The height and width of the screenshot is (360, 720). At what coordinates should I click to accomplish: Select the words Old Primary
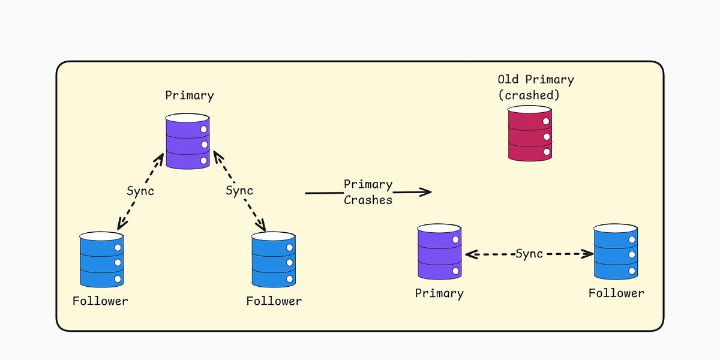[x=536, y=79]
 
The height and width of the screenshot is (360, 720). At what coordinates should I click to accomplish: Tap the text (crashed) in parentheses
[x=529, y=95]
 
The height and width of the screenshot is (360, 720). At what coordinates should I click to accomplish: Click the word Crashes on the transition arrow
[x=368, y=200]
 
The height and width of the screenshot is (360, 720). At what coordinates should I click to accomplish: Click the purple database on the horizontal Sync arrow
[x=439, y=252]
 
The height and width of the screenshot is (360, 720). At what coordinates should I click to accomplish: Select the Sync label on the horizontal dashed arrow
[x=529, y=254]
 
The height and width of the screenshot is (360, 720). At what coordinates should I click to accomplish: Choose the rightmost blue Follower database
[x=616, y=252]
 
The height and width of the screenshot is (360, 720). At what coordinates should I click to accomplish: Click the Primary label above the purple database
[x=190, y=95]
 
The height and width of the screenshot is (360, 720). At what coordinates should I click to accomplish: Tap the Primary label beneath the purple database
[x=439, y=293]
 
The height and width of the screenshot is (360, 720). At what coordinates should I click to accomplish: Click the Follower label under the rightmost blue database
[x=616, y=293]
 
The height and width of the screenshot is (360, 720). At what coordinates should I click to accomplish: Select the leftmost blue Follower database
[x=101, y=259]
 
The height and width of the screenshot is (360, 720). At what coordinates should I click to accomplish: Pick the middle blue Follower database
[x=274, y=259]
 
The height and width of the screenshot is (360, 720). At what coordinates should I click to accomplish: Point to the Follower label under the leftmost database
[x=100, y=301]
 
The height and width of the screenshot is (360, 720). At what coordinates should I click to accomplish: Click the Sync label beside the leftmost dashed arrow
[x=140, y=191]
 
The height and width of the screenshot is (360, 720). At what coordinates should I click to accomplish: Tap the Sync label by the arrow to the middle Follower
[x=239, y=191]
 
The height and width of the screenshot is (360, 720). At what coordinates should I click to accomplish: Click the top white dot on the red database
[x=546, y=122]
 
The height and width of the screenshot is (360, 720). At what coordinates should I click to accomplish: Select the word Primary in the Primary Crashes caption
[x=368, y=184]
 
